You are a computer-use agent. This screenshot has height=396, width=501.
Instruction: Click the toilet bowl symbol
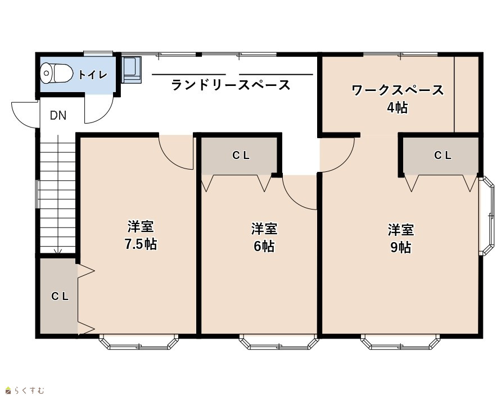coord(57,74)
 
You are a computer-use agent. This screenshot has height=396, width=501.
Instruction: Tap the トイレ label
coord(93,75)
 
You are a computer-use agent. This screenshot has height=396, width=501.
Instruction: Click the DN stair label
coord(58,115)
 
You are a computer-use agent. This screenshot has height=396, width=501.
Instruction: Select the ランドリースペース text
coord(231,85)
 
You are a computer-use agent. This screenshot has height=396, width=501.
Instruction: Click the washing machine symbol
coord(132,70)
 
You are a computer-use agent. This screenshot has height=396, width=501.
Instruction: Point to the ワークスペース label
coord(398,90)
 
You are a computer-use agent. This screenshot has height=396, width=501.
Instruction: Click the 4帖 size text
coord(398,108)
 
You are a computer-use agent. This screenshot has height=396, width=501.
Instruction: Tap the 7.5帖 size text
coord(141,244)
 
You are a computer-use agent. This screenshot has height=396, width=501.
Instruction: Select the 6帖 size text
coord(264,246)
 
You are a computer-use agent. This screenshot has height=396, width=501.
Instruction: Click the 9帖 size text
coord(401,247)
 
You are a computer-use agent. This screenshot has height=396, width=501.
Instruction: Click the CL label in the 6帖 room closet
coord(241,156)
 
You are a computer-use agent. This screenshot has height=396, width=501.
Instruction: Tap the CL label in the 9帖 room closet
coord(443,156)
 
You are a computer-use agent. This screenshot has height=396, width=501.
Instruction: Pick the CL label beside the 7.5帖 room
coord(60,297)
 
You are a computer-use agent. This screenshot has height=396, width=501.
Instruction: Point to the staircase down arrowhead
coord(58,252)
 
